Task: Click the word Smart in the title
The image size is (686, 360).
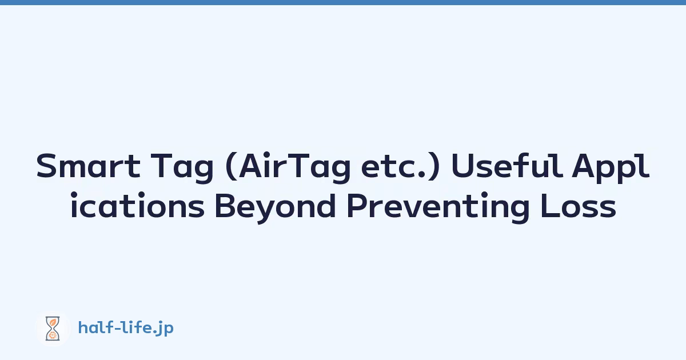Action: (x=88, y=166)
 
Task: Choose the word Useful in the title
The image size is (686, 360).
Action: (x=507, y=166)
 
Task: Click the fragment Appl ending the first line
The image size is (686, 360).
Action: (x=611, y=168)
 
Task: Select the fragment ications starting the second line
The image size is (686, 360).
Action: (x=138, y=205)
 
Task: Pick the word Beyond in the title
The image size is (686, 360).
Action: (x=276, y=208)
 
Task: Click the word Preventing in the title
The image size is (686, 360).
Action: (x=438, y=208)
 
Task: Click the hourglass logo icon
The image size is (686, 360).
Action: (x=53, y=329)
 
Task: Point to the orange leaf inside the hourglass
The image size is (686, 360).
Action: (x=53, y=322)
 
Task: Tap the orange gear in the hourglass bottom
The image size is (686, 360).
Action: (x=53, y=335)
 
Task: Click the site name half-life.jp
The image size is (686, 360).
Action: (x=126, y=328)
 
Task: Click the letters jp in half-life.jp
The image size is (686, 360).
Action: (x=166, y=329)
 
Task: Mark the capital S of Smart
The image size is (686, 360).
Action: (x=45, y=166)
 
